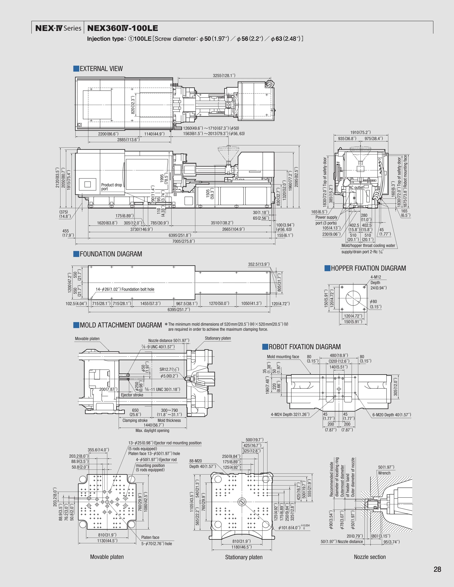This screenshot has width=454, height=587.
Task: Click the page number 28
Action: point(437,569)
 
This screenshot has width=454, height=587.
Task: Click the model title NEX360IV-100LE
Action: point(123,28)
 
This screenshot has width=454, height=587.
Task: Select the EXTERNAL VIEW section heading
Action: point(101,69)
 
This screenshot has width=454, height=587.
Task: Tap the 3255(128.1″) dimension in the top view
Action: point(224,75)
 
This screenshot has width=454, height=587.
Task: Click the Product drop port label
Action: point(111,187)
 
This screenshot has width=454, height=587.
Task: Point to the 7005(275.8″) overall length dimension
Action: point(183,241)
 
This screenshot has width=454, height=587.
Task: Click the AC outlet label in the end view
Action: point(356,187)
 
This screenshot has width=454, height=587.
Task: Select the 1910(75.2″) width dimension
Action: point(360,132)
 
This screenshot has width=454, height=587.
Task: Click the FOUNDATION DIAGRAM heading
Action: point(111,254)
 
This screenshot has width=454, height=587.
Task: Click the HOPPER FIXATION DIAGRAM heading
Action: point(368,268)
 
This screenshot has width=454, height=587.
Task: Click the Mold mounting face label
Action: point(283,357)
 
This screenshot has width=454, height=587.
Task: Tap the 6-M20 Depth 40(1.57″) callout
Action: point(392,415)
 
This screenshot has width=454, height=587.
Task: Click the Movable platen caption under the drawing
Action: point(107,557)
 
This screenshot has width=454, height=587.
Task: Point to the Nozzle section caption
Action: point(370,557)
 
